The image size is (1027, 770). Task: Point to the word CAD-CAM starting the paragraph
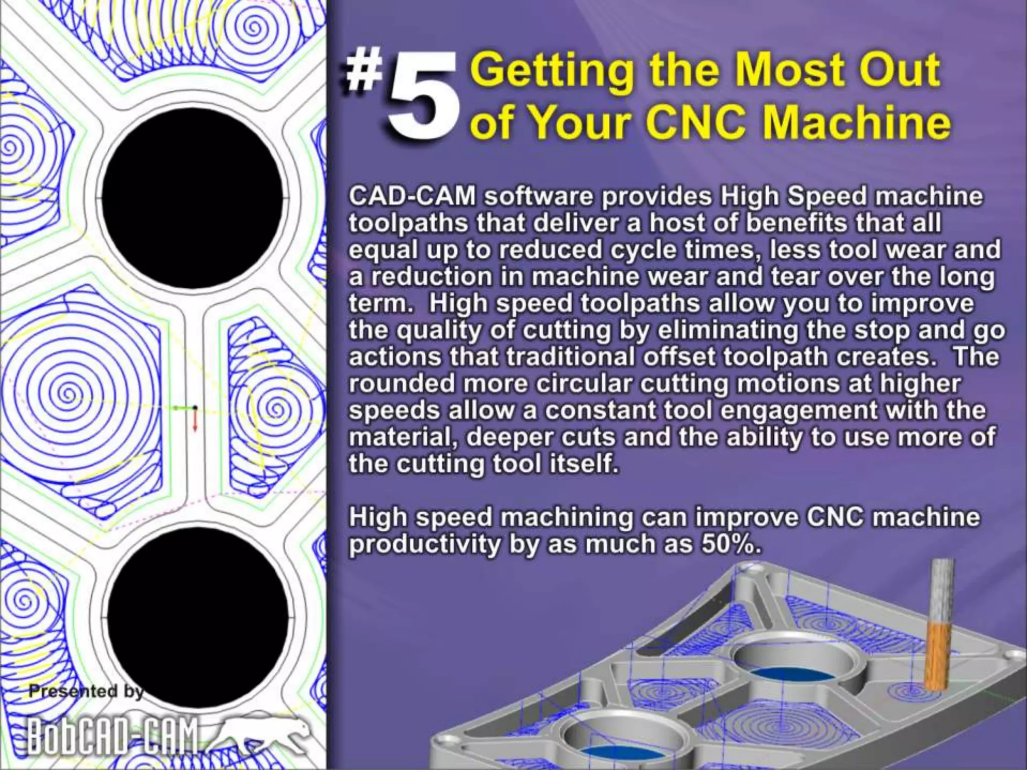pyautogui.click(x=412, y=196)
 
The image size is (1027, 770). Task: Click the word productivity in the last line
pyautogui.click(x=424, y=545)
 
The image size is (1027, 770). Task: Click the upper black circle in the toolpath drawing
pyautogui.click(x=193, y=198)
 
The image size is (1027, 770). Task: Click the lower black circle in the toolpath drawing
pyautogui.click(x=198, y=616)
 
